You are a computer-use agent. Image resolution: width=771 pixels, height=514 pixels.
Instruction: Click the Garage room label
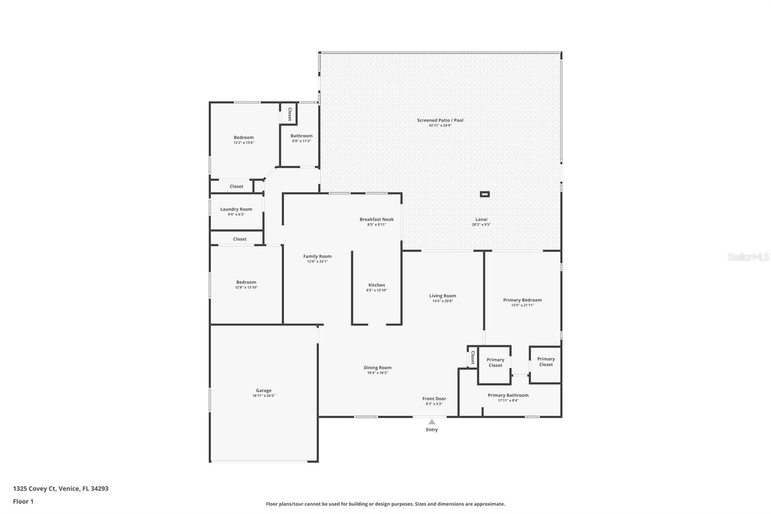pos(264,391)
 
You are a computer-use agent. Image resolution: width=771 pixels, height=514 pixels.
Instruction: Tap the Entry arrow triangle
pos(432,422)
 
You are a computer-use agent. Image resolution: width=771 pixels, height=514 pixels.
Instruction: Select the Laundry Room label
pos(236,209)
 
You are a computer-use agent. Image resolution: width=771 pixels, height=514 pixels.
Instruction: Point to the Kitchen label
pos(376,285)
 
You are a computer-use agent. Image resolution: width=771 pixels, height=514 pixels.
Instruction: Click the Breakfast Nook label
pos(376,219)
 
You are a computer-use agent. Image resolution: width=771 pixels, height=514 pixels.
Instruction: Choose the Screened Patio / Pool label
pos(440,120)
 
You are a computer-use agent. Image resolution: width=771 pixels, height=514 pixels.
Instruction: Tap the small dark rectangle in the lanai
pos(485,194)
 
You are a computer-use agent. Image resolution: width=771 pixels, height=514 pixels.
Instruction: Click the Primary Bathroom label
pos(508,395)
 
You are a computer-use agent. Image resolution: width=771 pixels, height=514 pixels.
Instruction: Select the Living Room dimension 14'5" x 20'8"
pos(442,301)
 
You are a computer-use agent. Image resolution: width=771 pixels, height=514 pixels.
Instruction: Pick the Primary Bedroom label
pos(522,300)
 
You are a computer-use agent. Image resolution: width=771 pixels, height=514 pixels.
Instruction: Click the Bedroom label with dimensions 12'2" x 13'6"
pos(243,137)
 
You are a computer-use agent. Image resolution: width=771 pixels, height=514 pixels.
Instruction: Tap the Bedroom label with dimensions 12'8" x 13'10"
pos(246,282)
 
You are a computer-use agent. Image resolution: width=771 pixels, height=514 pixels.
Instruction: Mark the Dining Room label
pos(377,368)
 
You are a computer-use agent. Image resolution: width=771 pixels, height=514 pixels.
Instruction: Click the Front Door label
pos(434,399)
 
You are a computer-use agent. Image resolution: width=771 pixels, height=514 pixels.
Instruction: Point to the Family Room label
pos(317,257)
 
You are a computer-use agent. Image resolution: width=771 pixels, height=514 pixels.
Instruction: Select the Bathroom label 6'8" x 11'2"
pos(301,136)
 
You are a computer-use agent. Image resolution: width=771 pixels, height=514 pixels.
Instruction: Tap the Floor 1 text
pos(23,501)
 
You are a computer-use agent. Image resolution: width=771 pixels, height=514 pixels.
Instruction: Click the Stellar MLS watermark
pos(748,257)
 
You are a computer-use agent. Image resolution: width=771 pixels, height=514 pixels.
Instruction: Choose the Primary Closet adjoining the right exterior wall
pos(545,362)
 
